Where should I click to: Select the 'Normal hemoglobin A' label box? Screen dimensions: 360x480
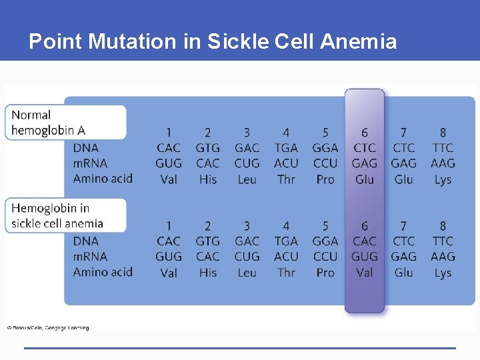point(65,123)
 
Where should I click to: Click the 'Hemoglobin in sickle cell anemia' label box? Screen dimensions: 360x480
point(65,215)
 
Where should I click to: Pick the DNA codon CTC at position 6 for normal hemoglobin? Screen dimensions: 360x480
point(365,148)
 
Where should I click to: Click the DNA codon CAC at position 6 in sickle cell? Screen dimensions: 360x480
point(365,241)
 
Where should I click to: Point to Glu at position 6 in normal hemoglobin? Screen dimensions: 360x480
point(365,179)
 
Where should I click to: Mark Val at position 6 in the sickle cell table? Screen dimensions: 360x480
point(365,273)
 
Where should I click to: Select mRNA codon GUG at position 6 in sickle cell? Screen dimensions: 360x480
point(365,257)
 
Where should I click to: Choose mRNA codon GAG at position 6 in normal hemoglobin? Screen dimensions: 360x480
point(365,163)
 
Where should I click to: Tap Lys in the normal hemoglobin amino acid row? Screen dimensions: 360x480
point(443,179)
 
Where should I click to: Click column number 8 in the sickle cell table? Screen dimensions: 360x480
point(443,226)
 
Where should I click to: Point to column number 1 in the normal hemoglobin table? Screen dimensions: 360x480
point(169,133)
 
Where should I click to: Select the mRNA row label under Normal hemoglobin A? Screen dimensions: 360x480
point(90,163)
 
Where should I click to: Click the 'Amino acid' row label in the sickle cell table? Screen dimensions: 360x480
point(103,272)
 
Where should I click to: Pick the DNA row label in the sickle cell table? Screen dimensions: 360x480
point(85,241)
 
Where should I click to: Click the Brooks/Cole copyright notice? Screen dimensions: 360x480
point(48,327)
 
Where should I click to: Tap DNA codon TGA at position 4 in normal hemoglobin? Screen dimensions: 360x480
point(286,148)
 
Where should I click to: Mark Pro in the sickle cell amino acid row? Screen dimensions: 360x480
point(325,273)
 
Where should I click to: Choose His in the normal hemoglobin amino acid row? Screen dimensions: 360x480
point(208,179)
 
